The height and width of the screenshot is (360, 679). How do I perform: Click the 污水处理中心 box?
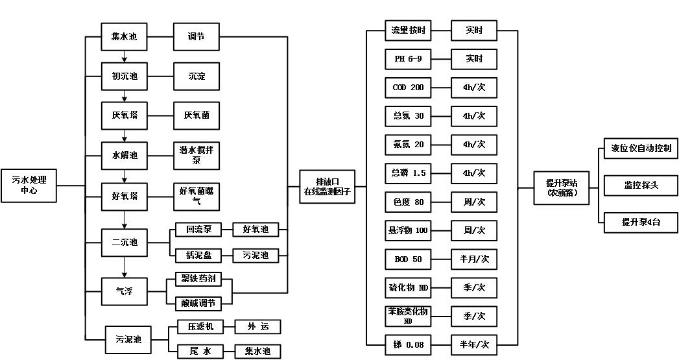[29, 185]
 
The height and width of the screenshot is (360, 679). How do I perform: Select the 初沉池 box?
[125, 77]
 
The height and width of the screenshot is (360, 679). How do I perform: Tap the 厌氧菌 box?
[197, 115]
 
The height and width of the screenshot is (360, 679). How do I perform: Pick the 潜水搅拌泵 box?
[197, 155]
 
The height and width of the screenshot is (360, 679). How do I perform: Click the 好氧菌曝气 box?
[197, 195]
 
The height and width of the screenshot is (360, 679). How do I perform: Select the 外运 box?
[257, 326]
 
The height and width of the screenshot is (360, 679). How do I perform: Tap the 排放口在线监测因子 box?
[328, 187]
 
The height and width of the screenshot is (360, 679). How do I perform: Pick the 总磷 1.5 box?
[409, 173]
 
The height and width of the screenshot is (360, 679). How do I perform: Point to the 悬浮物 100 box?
[409, 230]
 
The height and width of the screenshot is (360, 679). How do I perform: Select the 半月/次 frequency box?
[474, 259]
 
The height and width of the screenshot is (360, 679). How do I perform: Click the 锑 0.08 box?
[409, 344]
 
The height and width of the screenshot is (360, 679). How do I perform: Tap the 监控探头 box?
[641, 186]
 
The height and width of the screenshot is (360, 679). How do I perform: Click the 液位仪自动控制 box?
[641, 148]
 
